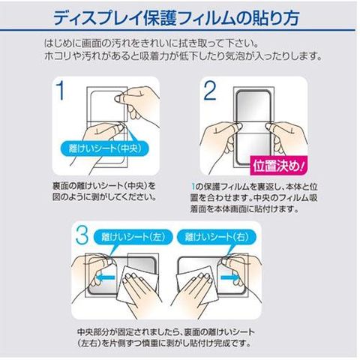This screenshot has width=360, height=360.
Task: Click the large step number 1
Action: (x=60, y=91)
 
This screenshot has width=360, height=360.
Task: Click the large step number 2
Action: (x=210, y=91)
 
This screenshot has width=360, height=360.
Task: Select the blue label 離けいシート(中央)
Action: (x=105, y=148)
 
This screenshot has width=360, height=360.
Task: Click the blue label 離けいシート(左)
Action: (x=133, y=237)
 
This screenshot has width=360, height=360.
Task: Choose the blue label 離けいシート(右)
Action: (x=217, y=237)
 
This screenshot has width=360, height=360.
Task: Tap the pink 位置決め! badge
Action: (x=279, y=165)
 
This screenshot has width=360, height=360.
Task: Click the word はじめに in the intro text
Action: (x=59, y=43)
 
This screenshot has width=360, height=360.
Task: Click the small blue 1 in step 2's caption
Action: (x=193, y=187)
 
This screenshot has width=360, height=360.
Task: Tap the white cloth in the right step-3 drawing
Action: (x=197, y=285)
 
